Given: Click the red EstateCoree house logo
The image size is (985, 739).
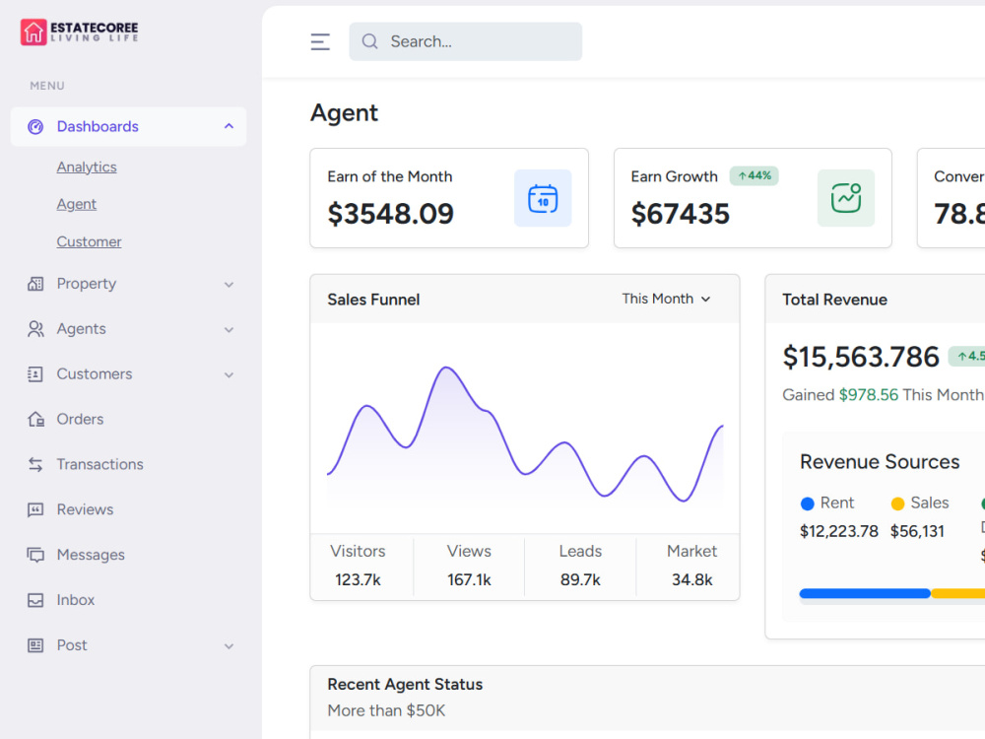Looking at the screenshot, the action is [x=33, y=33].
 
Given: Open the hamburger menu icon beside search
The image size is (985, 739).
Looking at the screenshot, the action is [x=320, y=41].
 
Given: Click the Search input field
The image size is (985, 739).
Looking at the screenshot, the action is [x=466, y=41].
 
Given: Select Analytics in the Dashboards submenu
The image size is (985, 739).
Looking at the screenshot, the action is [x=87, y=168].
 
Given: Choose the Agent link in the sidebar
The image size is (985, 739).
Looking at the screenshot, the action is [x=77, y=204].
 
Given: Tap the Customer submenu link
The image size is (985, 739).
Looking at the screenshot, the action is [x=90, y=242].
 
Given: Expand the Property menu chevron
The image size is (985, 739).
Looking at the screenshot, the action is [x=230, y=285].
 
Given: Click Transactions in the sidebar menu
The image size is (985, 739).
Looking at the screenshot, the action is [x=99, y=464].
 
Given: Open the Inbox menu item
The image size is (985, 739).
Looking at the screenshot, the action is [x=76, y=600].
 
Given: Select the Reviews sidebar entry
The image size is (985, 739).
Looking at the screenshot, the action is [x=85, y=509].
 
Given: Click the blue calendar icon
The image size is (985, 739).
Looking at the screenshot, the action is [x=543, y=199].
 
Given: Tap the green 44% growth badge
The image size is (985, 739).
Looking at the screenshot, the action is [x=754, y=176].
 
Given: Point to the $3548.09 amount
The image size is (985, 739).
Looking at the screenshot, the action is [x=391, y=214].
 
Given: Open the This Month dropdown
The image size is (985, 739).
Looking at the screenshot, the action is [x=666, y=300].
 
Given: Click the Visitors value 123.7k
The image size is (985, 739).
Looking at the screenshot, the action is [x=359, y=579].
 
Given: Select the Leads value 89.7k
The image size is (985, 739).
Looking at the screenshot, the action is [x=580, y=579].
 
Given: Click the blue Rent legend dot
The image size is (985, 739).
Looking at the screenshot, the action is [x=808, y=504].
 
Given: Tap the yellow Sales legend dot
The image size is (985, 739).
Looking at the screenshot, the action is [x=897, y=504].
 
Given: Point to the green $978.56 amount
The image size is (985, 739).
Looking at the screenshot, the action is [x=869, y=395].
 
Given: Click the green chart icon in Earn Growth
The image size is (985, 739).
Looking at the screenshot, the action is [x=845, y=199].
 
